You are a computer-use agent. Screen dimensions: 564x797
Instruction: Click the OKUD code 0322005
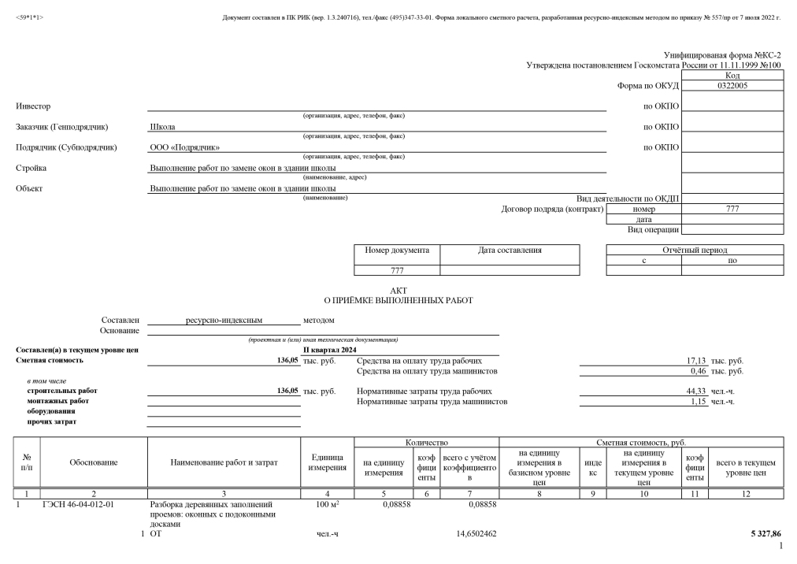pyautogui.click(x=732, y=86)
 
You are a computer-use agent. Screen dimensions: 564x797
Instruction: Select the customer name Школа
pyautogui.click(x=162, y=127)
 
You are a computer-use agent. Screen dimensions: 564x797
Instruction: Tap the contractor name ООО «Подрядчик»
pyautogui.click(x=185, y=147)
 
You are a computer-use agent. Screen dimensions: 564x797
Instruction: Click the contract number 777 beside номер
pyautogui.click(x=732, y=209)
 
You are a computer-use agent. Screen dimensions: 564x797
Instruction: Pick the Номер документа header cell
pyautogui.click(x=397, y=250)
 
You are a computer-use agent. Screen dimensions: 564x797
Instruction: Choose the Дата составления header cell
pyautogui.click(x=510, y=250)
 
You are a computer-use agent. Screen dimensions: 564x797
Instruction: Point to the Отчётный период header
pyautogui.click(x=695, y=250)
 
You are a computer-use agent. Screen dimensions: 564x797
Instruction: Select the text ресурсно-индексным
pyautogui.click(x=224, y=321)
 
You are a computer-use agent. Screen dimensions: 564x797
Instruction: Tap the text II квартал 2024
pyautogui.click(x=330, y=350)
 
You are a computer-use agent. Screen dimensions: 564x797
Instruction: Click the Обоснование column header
pyautogui.click(x=94, y=463)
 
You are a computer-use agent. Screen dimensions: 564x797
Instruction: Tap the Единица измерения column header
pyautogui.click(x=328, y=463)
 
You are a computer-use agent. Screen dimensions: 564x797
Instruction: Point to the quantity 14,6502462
pyautogui.click(x=476, y=534)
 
